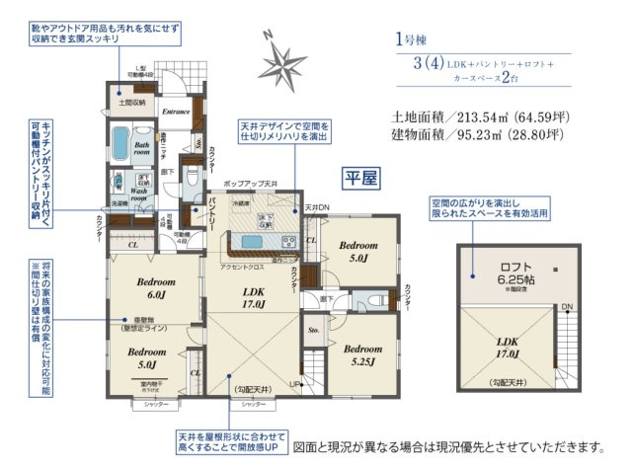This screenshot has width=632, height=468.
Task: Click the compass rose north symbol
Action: click(286, 64)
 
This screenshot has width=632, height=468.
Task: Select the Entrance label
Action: click(175, 111)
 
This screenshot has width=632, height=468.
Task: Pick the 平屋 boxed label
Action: click(359, 177)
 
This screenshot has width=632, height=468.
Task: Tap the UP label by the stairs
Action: click(293, 383)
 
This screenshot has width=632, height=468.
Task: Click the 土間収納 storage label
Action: click(133, 101)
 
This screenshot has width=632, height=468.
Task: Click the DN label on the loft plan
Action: click(566, 307)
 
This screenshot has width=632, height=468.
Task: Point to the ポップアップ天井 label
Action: click(252, 185)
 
